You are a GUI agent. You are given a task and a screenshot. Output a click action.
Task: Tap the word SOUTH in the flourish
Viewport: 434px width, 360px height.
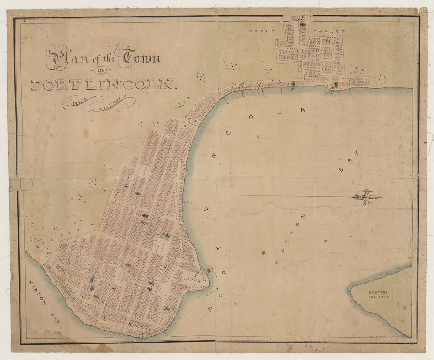pos(80,102)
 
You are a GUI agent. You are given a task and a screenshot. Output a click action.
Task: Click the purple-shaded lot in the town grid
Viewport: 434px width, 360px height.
pos(145,215)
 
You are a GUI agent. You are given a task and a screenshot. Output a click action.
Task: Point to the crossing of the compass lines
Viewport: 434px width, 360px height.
pos(315,196)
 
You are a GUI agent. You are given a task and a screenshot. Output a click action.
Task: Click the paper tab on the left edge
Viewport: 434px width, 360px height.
pos(21,184)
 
